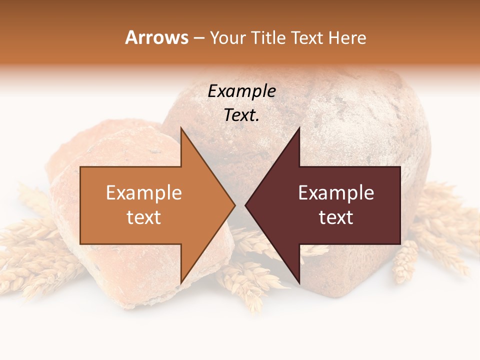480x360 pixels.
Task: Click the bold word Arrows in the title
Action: [157, 37]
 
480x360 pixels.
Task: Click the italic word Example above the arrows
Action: [241, 91]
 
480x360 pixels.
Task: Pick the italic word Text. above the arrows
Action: [241, 115]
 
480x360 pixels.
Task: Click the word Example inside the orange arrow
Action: [144, 193]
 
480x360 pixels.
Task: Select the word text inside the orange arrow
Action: [144, 217]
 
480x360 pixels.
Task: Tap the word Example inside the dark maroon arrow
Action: [336, 193]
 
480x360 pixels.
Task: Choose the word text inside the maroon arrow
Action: [336, 217]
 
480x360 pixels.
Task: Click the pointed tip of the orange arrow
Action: [235, 205]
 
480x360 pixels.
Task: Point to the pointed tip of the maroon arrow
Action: [245, 205]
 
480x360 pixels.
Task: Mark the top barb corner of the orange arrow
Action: [180, 128]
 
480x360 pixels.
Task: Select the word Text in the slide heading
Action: [307, 37]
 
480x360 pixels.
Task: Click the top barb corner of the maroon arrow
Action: [299, 128]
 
